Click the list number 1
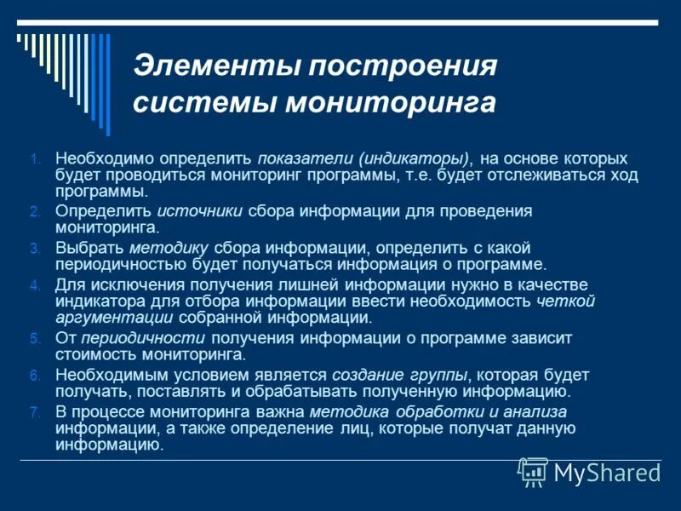35,159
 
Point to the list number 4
35,285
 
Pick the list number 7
35,412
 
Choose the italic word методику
169,248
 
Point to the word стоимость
91,354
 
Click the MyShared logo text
608,473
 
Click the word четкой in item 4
566,301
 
